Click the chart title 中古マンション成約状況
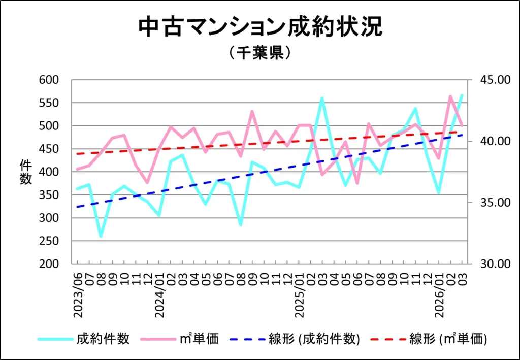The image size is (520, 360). click(259, 28)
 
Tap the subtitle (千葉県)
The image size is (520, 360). click(259, 53)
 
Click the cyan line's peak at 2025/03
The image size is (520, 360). click(322, 98)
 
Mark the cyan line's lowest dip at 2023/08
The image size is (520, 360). click(101, 237)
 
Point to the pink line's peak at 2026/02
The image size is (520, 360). click(450, 96)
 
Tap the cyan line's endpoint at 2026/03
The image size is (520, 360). click(462, 95)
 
